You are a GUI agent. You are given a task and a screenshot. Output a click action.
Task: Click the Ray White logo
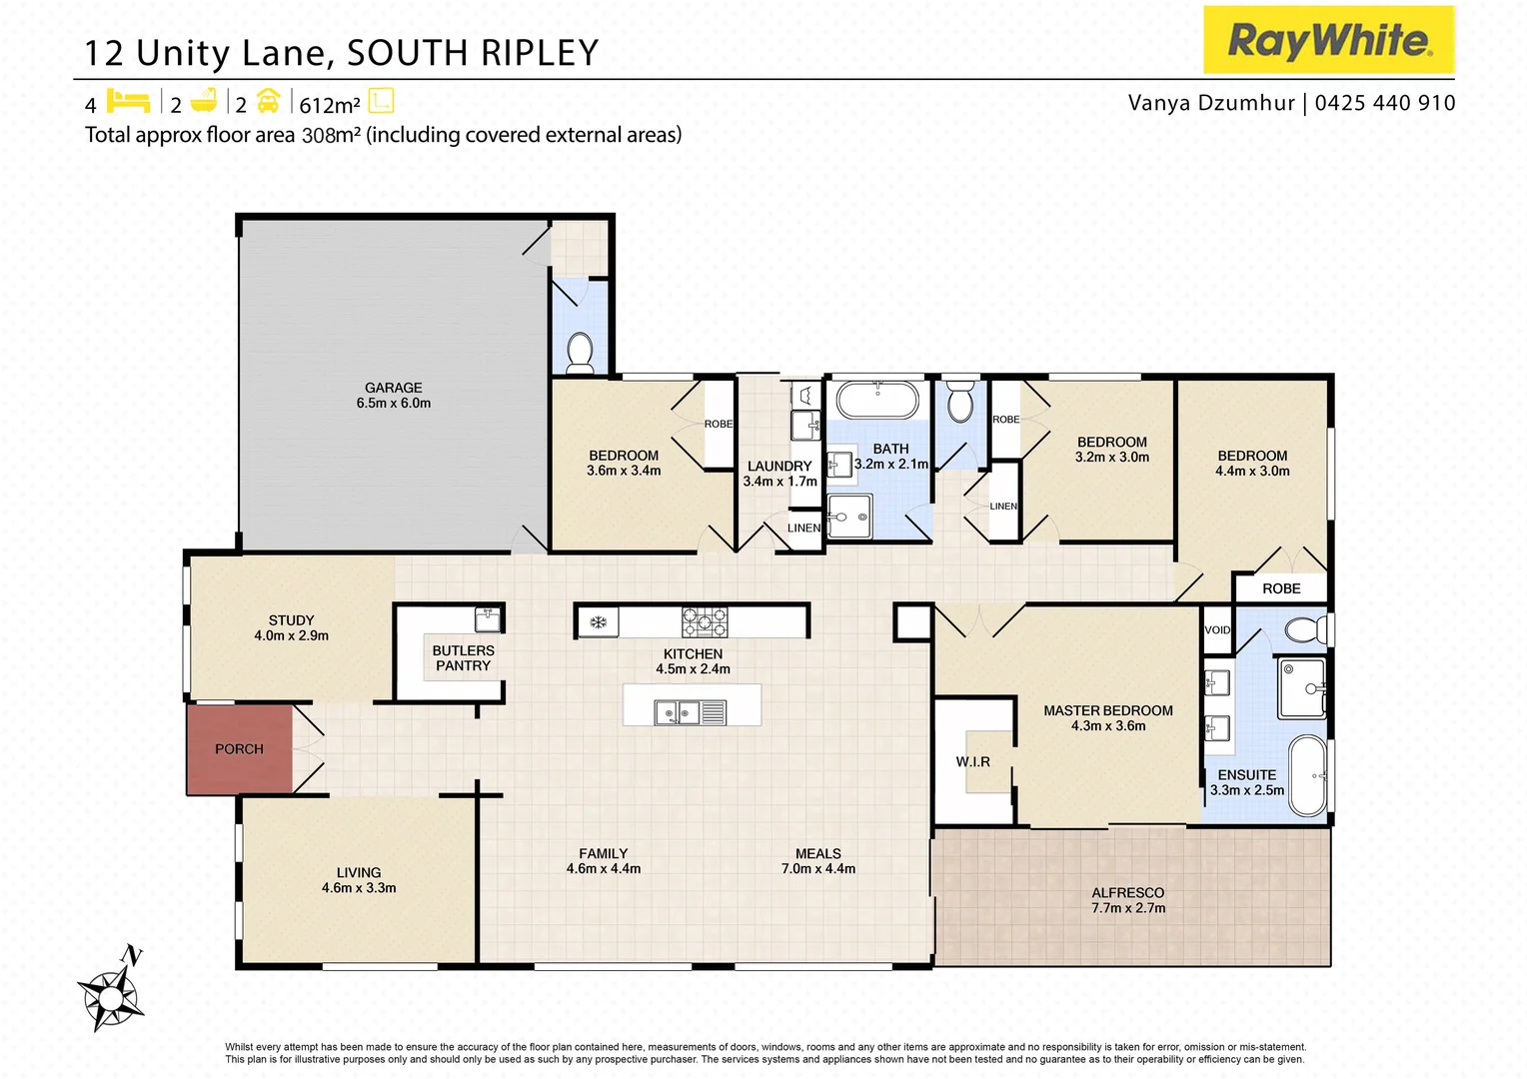(x=1328, y=40)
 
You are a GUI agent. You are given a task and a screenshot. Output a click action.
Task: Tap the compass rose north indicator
(x=112, y=992)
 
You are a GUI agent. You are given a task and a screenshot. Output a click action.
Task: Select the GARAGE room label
(x=393, y=388)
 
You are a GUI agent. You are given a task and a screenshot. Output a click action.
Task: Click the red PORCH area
(x=239, y=749)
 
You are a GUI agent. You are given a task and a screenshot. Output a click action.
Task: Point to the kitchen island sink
(x=677, y=712)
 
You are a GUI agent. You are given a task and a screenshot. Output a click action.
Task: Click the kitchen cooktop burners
(x=705, y=621)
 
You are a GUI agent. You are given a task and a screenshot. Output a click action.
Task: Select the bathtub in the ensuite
(x=1307, y=776)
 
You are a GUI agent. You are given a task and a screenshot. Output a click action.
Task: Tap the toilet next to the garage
(x=580, y=352)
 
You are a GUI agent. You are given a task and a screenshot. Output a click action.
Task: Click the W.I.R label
(x=972, y=762)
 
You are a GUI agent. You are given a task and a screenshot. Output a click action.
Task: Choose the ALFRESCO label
(x=1127, y=893)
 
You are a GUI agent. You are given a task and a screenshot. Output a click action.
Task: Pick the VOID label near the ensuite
(x=1217, y=630)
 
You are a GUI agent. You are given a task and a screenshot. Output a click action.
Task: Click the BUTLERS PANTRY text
(x=463, y=658)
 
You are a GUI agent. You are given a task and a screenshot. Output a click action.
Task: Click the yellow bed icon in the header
(x=128, y=102)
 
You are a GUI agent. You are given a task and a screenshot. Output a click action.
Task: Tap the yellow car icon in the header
(x=268, y=102)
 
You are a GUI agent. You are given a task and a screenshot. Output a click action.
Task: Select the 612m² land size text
(x=330, y=105)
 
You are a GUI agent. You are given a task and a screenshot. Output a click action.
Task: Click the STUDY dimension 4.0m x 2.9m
(x=291, y=635)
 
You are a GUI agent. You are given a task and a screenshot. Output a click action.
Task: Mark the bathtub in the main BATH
(x=876, y=401)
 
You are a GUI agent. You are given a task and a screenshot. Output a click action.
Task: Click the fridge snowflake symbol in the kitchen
(x=598, y=622)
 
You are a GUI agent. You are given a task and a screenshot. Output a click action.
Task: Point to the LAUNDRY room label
(x=779, y=467)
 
